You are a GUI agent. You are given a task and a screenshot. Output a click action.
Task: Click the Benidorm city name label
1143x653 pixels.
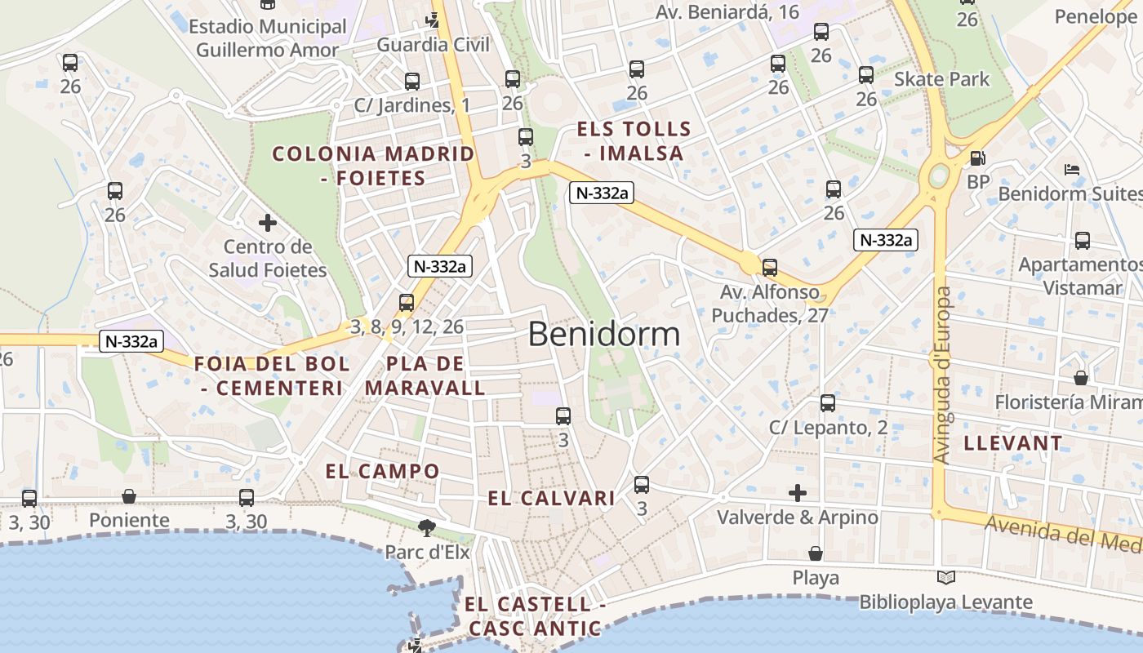click(x=603, y=334)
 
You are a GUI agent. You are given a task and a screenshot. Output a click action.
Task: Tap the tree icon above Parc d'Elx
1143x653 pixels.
click(x=425, y=528)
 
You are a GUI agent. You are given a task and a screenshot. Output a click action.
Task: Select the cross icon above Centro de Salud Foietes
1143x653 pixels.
click(x=268, y=222)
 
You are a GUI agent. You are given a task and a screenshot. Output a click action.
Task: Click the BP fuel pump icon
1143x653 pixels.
click(x=977, y=158)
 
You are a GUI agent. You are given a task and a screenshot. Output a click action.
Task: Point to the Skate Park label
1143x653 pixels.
click(x=941, y=79)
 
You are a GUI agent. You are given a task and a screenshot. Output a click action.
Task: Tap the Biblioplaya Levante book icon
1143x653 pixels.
click(x=945, y=577)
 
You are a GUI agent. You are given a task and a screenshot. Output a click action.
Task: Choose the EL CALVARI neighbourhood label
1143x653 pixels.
click(x=551, y=498)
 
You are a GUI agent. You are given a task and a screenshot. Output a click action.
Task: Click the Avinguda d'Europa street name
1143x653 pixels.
click(x=943, y=375)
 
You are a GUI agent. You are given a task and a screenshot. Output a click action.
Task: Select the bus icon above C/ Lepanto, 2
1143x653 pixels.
click(x=828, y=403)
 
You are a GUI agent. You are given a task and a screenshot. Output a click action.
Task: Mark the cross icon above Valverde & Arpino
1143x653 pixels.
click(x=798, y=492)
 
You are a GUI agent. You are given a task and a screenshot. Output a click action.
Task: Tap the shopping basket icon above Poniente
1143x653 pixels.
click(x=129, y=495)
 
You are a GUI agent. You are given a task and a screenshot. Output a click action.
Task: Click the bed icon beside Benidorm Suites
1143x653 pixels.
click(x=1072, y=170)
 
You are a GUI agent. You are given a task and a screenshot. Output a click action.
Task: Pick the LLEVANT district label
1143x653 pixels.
click(x=1013, y=443)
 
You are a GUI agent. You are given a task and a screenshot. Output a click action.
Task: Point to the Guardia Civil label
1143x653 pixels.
click(x=433, y=44)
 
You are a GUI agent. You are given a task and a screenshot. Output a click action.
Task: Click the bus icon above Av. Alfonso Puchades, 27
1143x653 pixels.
click(x=769, y=267)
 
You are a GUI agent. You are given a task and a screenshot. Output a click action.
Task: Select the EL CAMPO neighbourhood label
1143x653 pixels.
click(x=382, y=471)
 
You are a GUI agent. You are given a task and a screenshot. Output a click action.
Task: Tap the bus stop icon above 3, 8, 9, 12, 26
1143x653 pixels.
click(x=407, y=303)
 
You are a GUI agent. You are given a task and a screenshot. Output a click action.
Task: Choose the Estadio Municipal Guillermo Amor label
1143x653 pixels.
click(x=268, y=38)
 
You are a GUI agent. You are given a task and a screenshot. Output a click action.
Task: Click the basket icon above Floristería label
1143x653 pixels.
click(x=1081, y=378)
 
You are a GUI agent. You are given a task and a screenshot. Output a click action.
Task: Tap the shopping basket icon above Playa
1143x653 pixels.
click(x=815, y=553)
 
